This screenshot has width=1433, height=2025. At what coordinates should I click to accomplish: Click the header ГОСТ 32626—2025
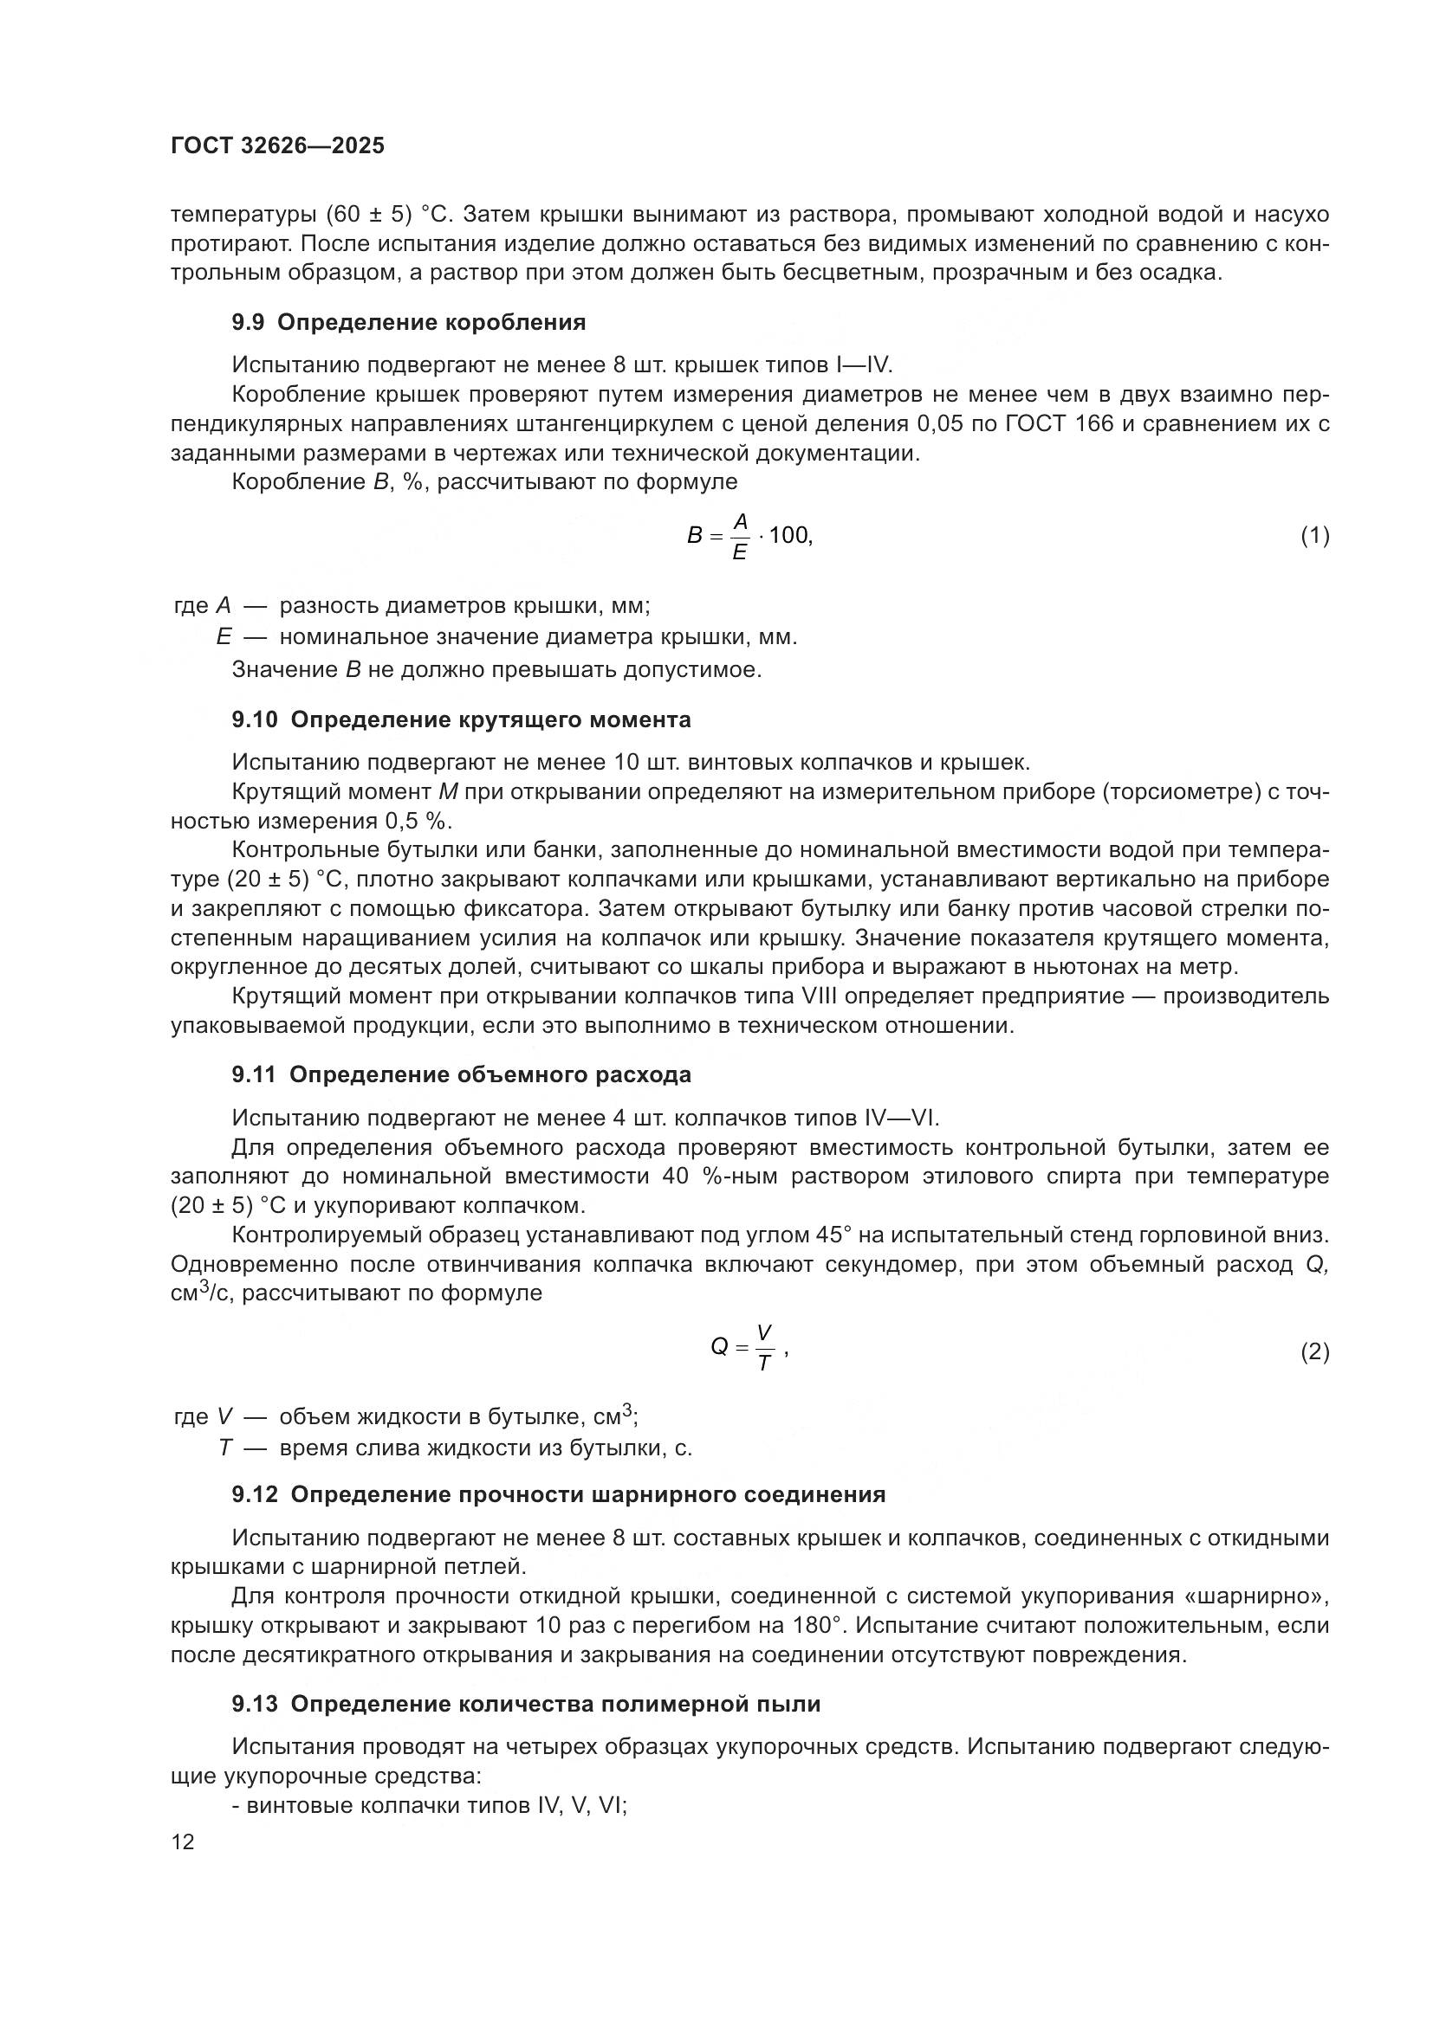point(278,146)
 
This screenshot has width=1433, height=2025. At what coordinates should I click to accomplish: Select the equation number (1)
point(1315,535)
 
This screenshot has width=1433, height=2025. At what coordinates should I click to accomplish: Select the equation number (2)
point(1315,1352)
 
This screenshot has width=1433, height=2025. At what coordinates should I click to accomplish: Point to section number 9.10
point(254,719)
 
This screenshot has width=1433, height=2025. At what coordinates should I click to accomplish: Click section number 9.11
point(254,1074)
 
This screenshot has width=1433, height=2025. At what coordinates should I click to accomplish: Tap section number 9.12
point(254,1494)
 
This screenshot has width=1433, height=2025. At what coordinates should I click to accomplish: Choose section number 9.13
point(254,1704)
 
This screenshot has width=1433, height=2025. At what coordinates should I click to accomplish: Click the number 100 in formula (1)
point(789,535)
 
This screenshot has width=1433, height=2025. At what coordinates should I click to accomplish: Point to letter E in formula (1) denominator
point(739,553)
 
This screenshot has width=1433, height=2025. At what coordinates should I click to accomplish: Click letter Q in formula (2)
point(719,1347)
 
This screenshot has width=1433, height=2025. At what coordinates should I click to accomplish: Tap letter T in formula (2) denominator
point(764,1364)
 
